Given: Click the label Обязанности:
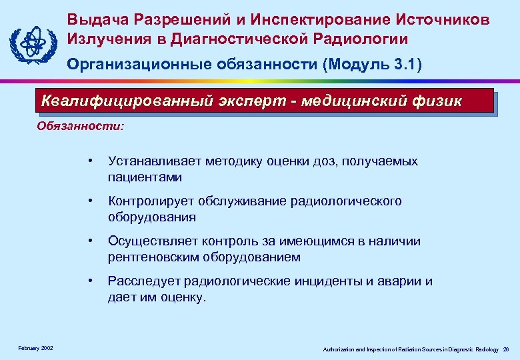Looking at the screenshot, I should [x=80, y=125].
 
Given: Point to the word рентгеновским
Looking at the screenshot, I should [x=149, y=257].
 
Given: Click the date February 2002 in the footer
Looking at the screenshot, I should [x=36, y=348].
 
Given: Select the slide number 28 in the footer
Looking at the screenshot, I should [x=506, y=349].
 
